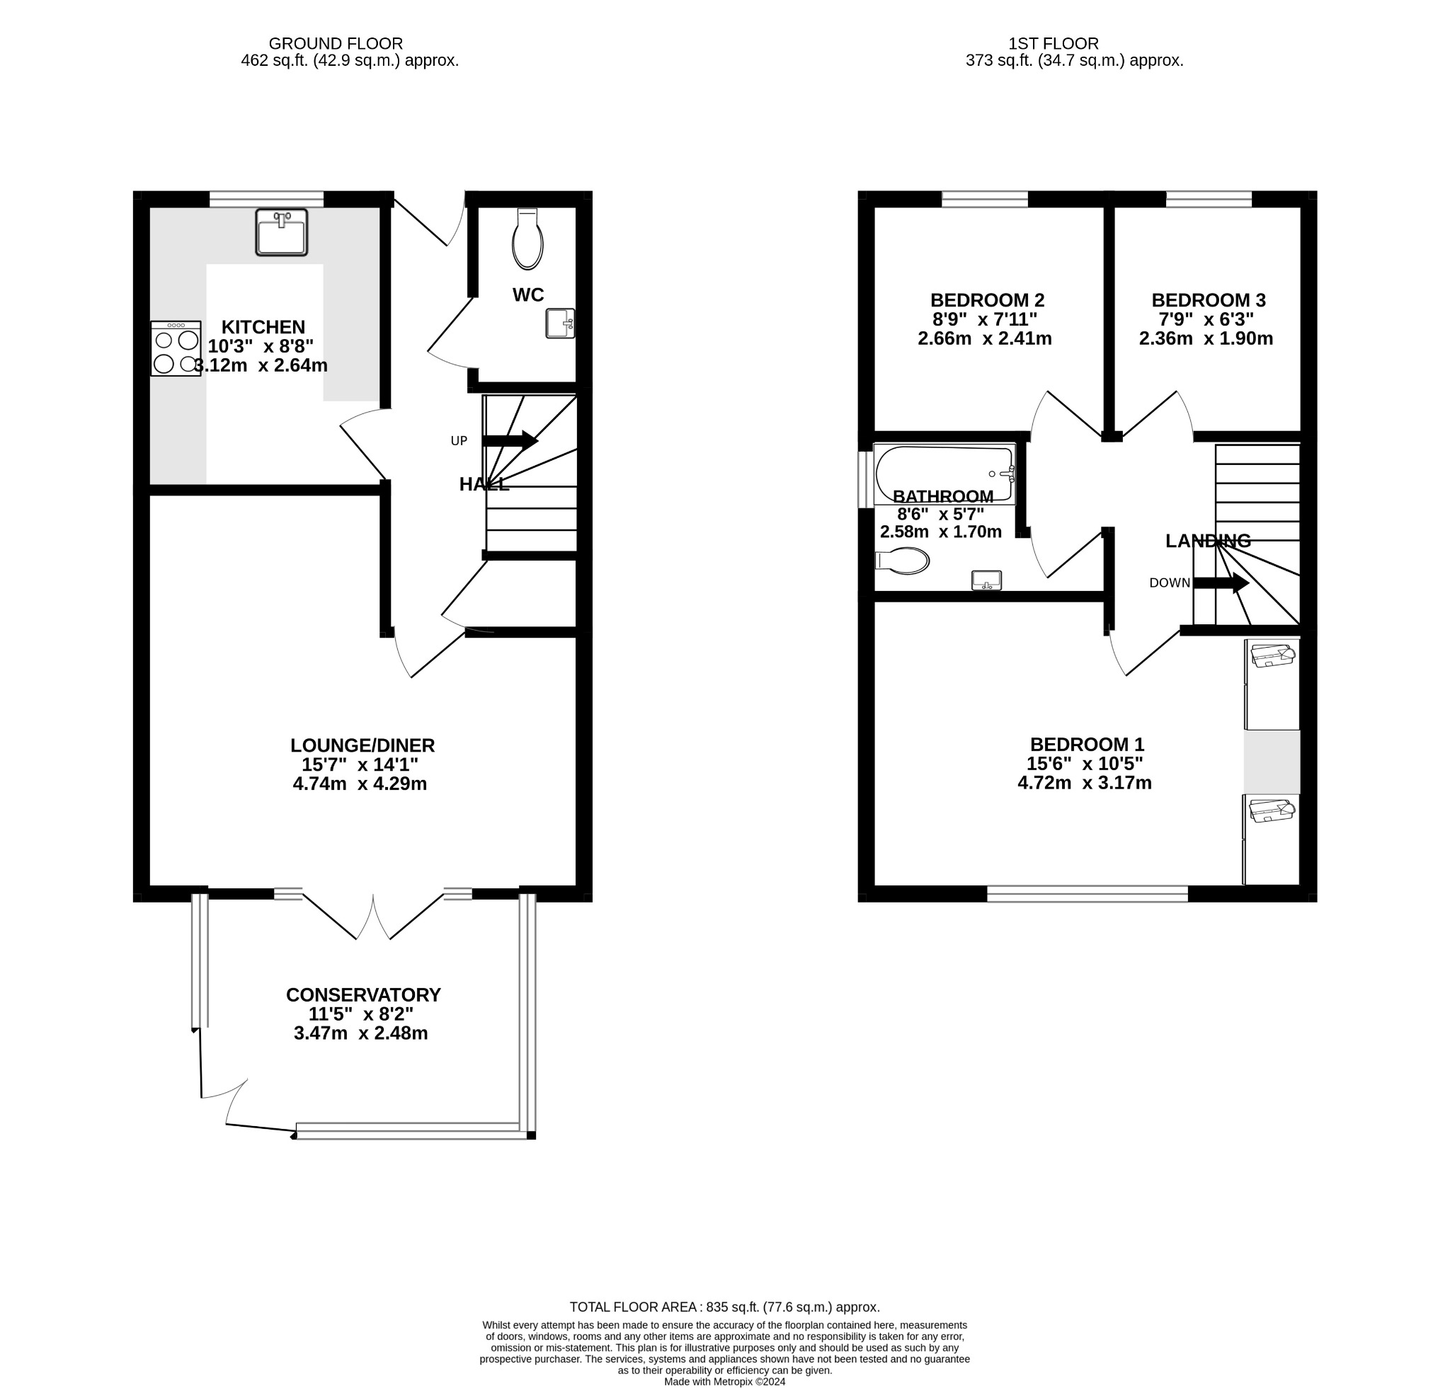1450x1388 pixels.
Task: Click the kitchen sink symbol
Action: pyautogui.click(x=281, y=232)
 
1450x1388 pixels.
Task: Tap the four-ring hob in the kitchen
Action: pyautogui.click(x=176, y=348)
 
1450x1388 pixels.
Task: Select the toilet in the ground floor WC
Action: pyautogui.click(x=527, y=239)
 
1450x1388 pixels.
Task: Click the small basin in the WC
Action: pyautogui.click(x=560, y=323)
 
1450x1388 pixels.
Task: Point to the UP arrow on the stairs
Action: pyautogui.click(x=510, y=441)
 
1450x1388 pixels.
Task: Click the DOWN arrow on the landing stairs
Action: pyautogui.click(x=1221, y=583)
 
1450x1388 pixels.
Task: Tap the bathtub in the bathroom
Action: pyautogui.click(x=944, y=474)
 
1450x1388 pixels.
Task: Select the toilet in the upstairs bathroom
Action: pyautogui.click(x=902, y=561)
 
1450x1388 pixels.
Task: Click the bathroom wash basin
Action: pyautogui.click(x=986, y=580)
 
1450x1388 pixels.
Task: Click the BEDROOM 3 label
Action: pyautogui.click(x=1208, y=300)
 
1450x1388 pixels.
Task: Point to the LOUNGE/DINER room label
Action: pyautogui.click(x=362, y=745)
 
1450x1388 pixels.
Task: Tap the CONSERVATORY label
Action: pyautogui.click(x=363, y=995)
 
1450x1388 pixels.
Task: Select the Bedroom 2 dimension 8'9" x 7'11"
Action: pyautogui.click(x=984, y=319)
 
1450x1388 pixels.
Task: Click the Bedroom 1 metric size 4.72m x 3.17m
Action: pyautogui.click(x=1085, y=782)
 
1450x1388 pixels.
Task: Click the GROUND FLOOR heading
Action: pyautogui.click(x=336, y=44)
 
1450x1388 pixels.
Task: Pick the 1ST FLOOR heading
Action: pyautogui.click(x=1054, y=44)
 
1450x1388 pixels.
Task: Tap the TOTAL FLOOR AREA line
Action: pyautogui.click(x=724, y=1307)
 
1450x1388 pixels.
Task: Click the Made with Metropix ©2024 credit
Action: pyautogui.click(x=725, y=1382)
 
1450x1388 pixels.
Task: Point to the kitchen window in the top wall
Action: pyautogui.click(x=266, y=199)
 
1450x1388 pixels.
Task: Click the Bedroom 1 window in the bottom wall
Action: pyautogui.click(x=1087, y=893)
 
